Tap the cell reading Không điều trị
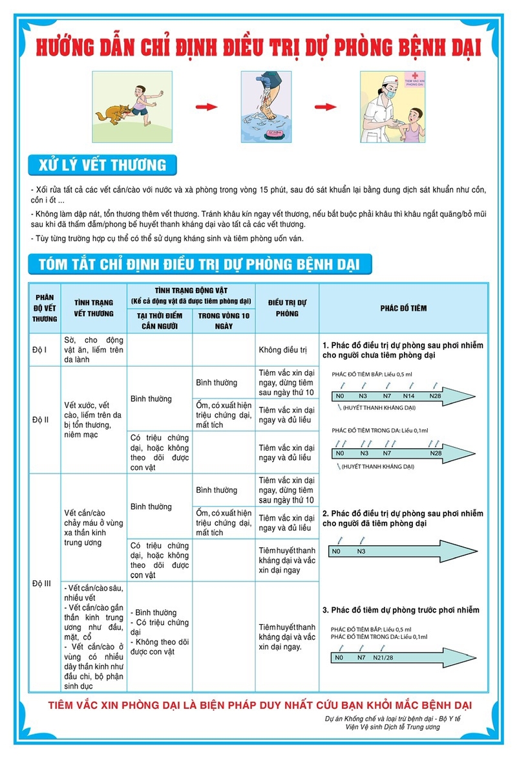coord(282,350)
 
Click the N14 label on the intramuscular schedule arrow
coord(408,395)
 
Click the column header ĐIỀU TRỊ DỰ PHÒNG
coord(287,308)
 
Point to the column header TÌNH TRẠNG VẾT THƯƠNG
coord(94,308)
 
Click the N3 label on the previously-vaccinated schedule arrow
coord(361,551)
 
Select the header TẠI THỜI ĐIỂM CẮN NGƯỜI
coord(160,320)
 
